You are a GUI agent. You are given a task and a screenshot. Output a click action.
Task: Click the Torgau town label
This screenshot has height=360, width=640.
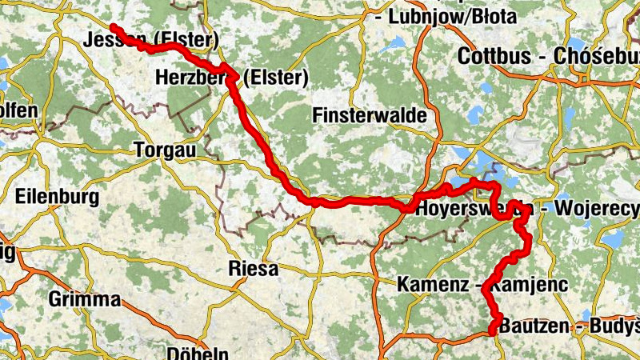point(167,150)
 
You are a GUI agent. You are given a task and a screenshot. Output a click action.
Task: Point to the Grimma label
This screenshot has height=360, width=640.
point(84,300)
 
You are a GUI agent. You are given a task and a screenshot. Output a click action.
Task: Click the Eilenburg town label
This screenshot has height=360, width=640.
point(56,197)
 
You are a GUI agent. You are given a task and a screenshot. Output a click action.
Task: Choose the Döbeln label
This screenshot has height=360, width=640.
point(198,353)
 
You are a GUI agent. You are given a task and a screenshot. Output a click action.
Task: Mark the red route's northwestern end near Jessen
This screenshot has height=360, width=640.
point(114,28)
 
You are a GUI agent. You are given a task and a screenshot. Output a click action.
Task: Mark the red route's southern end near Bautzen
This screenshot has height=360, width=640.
point(492,330)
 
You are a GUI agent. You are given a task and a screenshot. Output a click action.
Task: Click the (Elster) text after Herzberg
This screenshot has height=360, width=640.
point(275,78)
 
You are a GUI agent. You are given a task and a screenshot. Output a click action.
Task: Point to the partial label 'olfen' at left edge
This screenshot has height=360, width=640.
point(18,110)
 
